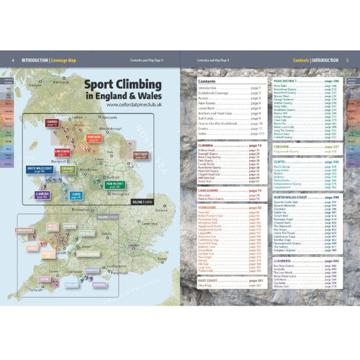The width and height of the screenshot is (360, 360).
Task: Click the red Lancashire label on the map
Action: point(62,153)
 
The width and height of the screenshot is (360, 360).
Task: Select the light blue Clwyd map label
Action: point(75,196)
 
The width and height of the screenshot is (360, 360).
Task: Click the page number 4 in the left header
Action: point(13,59)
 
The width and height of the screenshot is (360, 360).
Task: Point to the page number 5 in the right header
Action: point(347,59)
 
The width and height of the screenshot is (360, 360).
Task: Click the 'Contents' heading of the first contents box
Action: point(207,80)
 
